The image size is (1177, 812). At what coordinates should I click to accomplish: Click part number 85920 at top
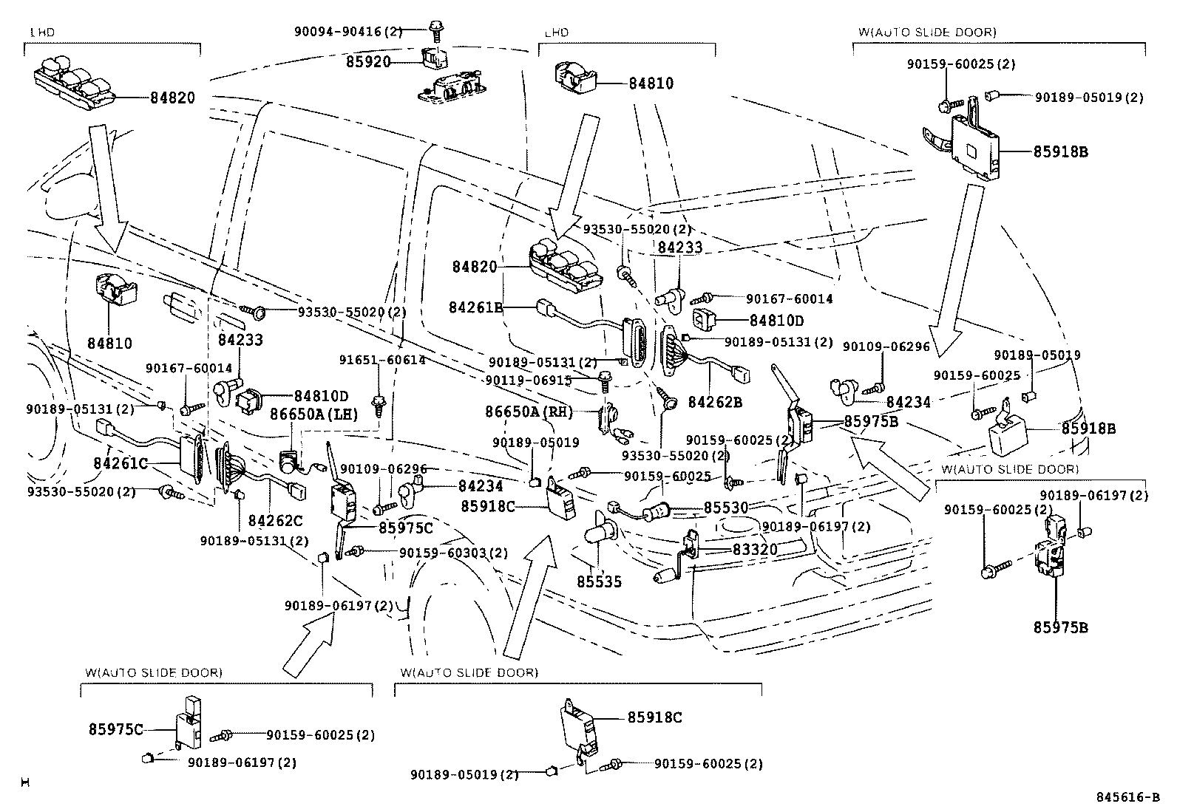367,61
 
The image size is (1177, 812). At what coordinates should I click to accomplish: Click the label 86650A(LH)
313,414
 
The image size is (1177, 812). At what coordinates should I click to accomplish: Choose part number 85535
599,581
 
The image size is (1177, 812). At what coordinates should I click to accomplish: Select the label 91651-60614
381,360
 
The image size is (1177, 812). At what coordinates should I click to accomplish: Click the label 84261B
475,306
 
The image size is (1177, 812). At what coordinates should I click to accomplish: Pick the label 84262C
275,521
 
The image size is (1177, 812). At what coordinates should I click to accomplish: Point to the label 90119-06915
528,379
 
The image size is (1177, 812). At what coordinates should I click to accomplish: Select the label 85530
725,508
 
